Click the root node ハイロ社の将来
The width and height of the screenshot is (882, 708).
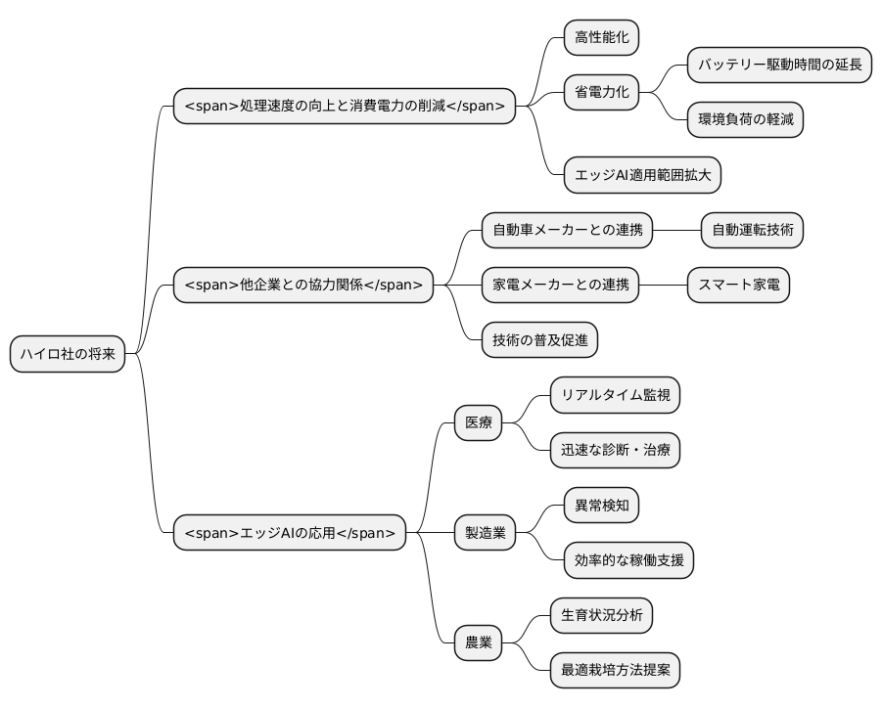click(68, 354)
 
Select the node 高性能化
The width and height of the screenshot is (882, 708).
click(601, 38)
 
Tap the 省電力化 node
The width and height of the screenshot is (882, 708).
click(601, 92)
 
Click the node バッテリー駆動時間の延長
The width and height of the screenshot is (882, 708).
click(779, 66)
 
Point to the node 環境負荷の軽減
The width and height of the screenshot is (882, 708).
click(744, 119)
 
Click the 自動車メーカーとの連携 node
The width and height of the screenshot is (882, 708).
click(566, 231)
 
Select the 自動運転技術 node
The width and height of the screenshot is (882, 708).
click(752, 231)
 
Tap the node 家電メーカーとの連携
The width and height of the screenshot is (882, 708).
click(559, 286)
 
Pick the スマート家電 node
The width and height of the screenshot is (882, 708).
click(738, 286)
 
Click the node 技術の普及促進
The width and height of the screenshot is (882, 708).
click(539, 340)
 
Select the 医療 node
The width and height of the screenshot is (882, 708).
click(478, 423)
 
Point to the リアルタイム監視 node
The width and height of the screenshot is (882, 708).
click(614, 396)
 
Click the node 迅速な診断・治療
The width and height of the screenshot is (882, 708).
click(614, 451)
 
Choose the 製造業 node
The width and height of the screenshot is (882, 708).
click(485, 533)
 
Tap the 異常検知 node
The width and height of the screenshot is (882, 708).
click(601, 506)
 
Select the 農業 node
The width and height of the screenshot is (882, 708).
click(478, 642)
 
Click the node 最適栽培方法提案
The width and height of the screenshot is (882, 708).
click(614, 670)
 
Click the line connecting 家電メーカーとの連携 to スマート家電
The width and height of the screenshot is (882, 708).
click(662, 286)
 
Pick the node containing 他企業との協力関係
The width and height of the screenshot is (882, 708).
click(303, 286)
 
